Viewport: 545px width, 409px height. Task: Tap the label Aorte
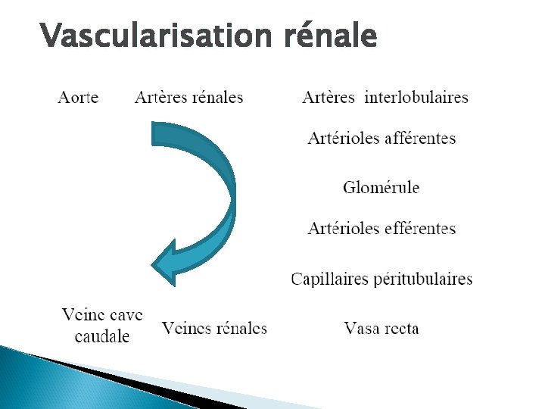click(x=78, y=98)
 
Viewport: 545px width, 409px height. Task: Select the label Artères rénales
click(x=188, y=98)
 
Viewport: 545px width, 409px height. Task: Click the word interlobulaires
click(x=416, y=98)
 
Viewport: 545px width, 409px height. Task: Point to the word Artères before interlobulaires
click(x=329, y=98)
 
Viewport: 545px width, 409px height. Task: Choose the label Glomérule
click(x=381, y=188)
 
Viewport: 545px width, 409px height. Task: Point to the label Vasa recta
click(x=381, y=329)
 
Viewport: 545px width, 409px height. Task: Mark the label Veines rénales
click(x=214, y=328)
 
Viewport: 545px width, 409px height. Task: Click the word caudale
click(x=102, y=336)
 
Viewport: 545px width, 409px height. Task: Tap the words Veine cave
click(x=102, y=314)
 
